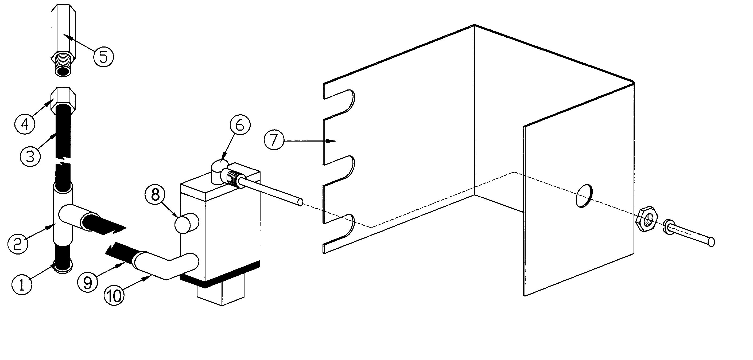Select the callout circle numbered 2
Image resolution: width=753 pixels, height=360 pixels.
pos(18,243)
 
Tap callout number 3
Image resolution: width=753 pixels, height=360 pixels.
pos(30,156)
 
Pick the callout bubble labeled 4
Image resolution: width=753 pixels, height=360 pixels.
pos(25,124)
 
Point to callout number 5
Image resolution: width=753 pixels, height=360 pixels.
pos(103,56)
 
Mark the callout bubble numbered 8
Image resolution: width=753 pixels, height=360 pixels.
pos(155,194)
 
